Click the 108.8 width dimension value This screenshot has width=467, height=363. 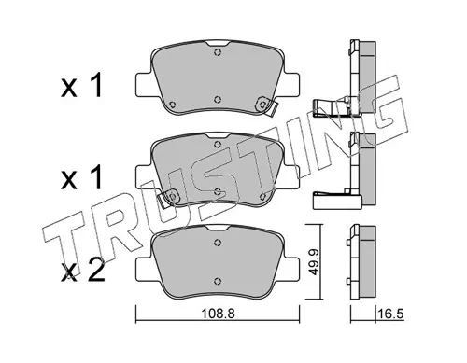pyautogui.click(x=218, y=314)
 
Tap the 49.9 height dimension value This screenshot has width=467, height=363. pyautogui.click(x=315, y=261)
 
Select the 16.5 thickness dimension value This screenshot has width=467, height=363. pyautogui.click(x=390, y=314)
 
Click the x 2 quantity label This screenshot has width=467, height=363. pyautogui.click(x=82, y=272)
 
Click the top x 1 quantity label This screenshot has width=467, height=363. pyautogui.click(x=81, y=85)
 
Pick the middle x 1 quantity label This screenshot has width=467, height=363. pyautogui.click(x=81, y=177)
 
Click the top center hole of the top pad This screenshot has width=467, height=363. pyautogui.click(x=218, y=52)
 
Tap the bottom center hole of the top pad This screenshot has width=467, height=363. pyautogui.click(x=218, y=99)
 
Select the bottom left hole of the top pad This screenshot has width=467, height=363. pyautogui.click(x=172, y=105)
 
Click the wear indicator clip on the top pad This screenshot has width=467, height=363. pyautogui.click(x=266, y=105)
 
